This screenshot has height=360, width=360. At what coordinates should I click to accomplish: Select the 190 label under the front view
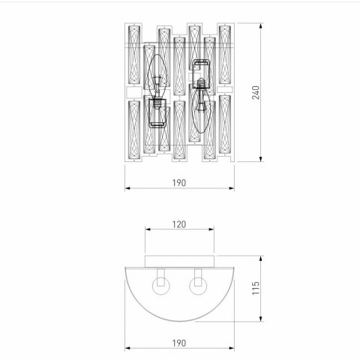pyautogui.click(x=178, y=182)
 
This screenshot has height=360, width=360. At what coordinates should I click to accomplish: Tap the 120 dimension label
pyautogui.click(x=178, y=223)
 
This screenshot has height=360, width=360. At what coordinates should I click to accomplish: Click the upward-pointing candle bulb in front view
pyautogui.click(x=158, y=76)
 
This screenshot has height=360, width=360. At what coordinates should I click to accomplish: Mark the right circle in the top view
pyautogui.click(x=199, y=285)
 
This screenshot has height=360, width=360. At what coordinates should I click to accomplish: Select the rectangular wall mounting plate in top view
pyautogui.click(x=178, y=259)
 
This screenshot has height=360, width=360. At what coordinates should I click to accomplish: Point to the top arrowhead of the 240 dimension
pyautogui.click(x=259, y=25)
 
